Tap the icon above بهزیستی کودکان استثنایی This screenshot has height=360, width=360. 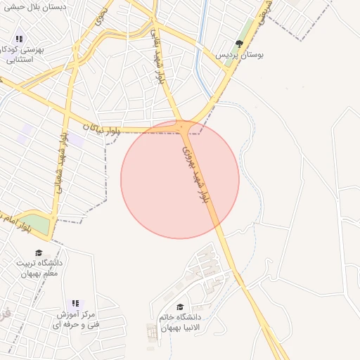[x=19, y=39]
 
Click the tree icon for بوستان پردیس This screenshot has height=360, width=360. [x=229, y=44]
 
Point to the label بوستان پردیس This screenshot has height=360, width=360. [x=232, y=54]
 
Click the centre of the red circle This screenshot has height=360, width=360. [x=180, y=179]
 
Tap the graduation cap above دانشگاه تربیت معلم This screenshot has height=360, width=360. [x=39, y=252]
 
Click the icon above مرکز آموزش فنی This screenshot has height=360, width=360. [x=76, y=303]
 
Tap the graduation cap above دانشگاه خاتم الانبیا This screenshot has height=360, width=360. [x=181, y=307]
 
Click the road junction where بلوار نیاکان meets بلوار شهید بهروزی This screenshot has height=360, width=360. [x=182, y=127]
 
